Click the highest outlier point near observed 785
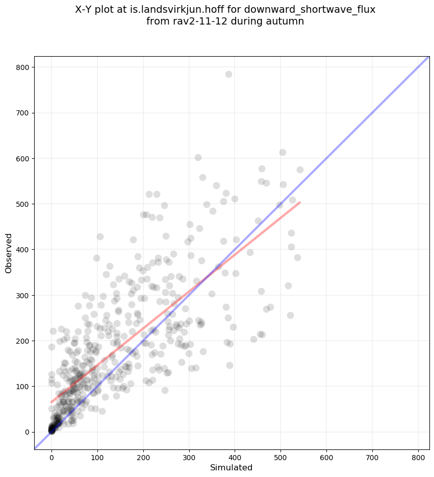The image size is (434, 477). point(228,74)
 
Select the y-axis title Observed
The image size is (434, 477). point(9,253)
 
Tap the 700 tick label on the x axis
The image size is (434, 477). point(372,453)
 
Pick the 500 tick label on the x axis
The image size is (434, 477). point(280,453)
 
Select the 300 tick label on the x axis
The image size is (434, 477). point(189,453)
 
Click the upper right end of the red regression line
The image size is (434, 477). point(300,203)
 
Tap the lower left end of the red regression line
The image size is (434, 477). point(52,402)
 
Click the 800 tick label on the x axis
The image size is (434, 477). point(418,453)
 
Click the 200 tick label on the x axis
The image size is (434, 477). point(143,453)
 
